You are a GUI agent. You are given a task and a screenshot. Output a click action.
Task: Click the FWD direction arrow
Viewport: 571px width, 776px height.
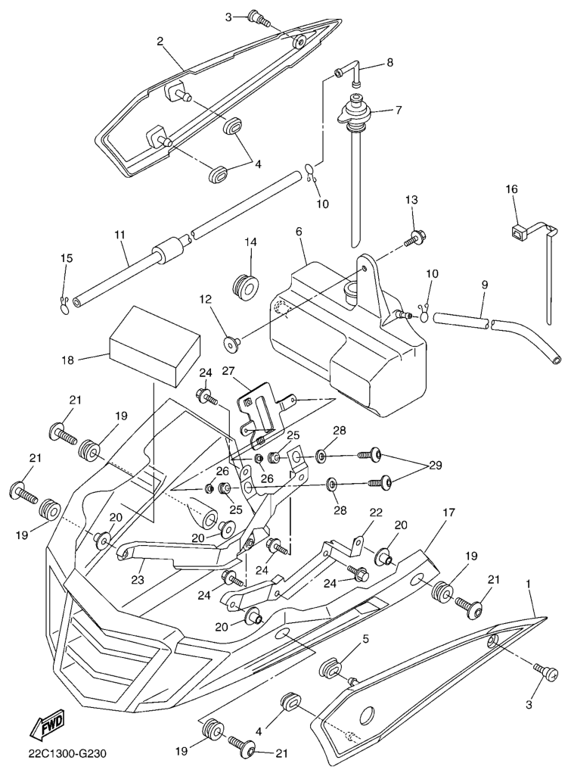click(x=47, y=725)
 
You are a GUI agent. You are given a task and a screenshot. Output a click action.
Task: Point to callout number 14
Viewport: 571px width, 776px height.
click(x=250, y=242)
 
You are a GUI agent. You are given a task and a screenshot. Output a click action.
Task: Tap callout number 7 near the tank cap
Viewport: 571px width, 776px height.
click(x=399, y=110)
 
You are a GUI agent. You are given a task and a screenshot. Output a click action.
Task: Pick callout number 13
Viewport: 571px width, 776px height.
click(x=411, y=200)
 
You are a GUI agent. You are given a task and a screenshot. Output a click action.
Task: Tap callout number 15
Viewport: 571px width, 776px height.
click(x=67, y=259)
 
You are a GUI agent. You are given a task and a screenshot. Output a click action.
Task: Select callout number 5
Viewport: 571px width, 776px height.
click(x=365, y=639)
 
